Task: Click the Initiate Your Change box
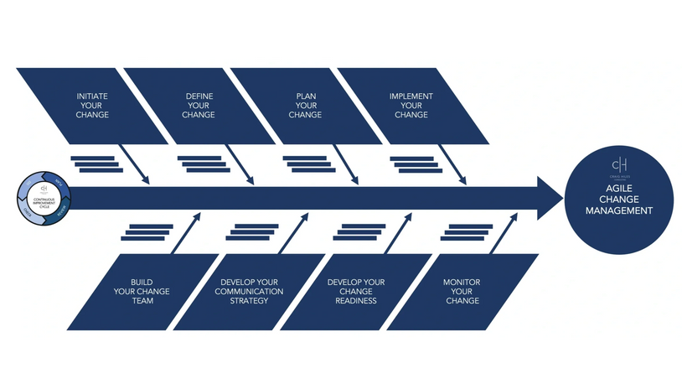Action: click(x=92, y=106)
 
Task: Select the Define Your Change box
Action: click(x=199, y=106)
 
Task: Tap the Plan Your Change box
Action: click(x=305, y=106)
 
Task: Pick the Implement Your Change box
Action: click(x=411, y=106)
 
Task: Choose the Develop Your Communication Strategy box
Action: click(x=249, y=291)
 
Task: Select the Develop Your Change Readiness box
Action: click(x=356, y=291)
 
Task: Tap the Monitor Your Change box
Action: click(x=462, y=291)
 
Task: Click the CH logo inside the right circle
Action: click(x=619, y=164)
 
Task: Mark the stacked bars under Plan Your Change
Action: click(x=309, y=163)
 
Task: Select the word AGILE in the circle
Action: click(x=618, y=190)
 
